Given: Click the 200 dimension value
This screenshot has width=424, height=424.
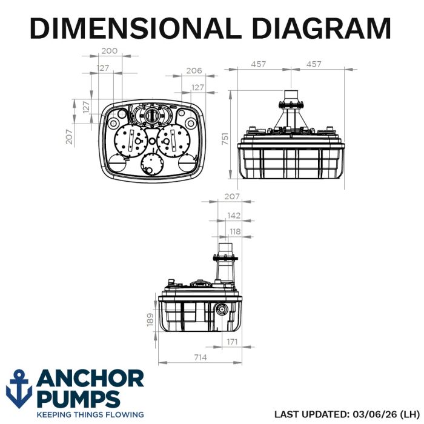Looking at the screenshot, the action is click(110, 51).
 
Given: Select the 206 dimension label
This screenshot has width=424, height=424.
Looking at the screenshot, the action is click(194, 71).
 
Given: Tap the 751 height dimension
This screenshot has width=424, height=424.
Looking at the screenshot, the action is click(225, 139).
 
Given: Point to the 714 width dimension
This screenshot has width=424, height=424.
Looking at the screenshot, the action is click(200, 357).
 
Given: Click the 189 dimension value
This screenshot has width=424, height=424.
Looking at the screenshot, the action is click(150, 320).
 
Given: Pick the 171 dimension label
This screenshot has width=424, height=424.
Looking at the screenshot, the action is click(232, 342).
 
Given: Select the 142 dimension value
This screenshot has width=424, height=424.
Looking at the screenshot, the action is click(234, 216).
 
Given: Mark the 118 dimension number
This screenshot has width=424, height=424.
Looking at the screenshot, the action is click(235, 232).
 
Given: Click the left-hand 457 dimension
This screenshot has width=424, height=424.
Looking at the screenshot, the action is click(258, 64).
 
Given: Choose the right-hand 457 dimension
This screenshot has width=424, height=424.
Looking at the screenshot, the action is click(314, 64).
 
